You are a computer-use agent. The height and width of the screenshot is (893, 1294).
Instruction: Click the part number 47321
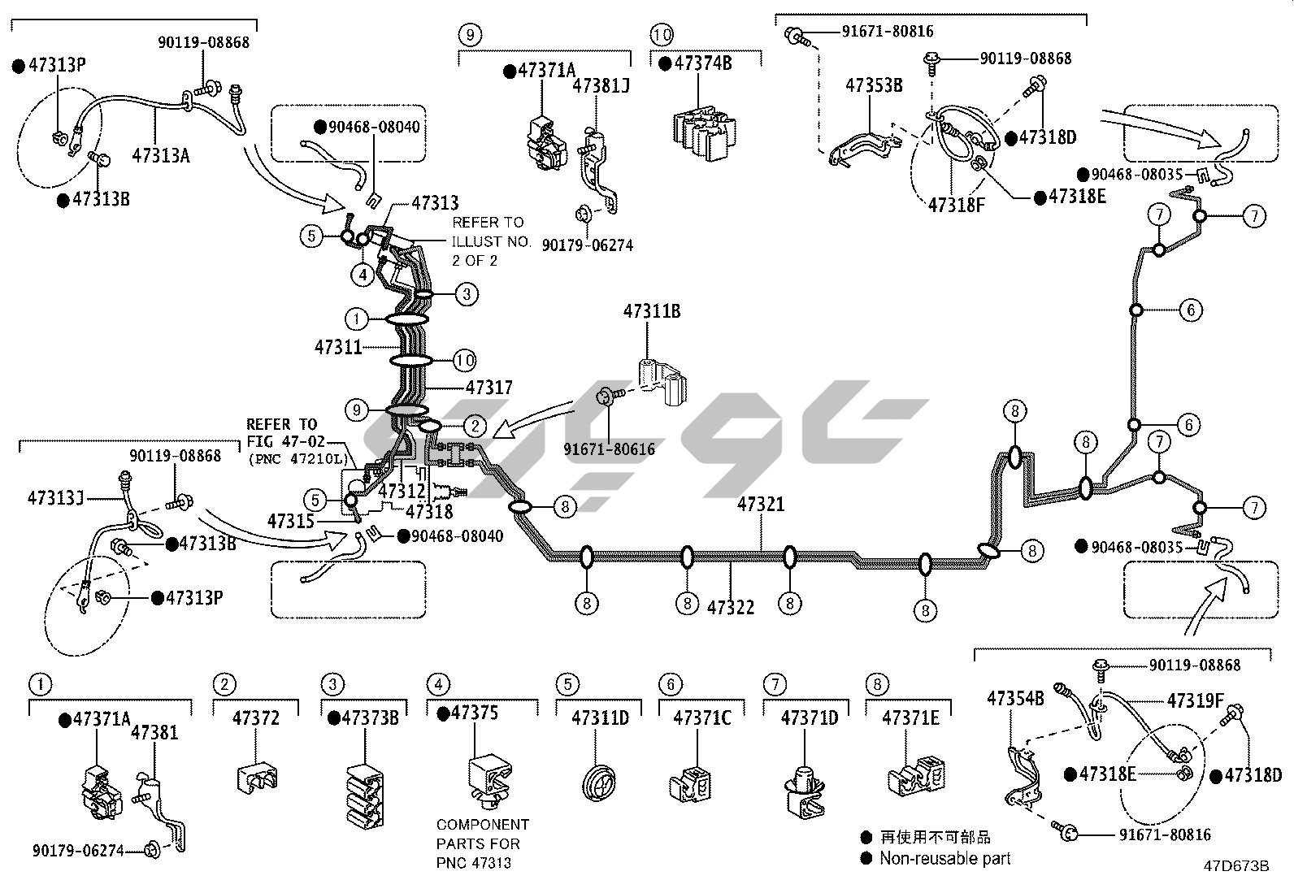(761, 505)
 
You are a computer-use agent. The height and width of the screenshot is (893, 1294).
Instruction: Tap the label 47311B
(652, 311)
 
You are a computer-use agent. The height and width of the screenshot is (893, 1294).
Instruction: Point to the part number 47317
(489, 388)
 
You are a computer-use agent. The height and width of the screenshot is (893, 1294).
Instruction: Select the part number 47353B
(874, 85)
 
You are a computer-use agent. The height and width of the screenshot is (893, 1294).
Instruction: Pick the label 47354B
(1015, 698)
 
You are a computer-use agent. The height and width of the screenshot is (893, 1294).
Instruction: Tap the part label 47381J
(601, 85)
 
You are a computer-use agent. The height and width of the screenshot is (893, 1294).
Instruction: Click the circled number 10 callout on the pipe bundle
(465, 360)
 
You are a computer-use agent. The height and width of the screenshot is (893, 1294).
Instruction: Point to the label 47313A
(160, 155)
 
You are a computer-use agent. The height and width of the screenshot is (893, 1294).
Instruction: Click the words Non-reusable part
(945, 858)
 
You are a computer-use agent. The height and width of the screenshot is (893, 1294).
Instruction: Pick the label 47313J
(55, 497)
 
